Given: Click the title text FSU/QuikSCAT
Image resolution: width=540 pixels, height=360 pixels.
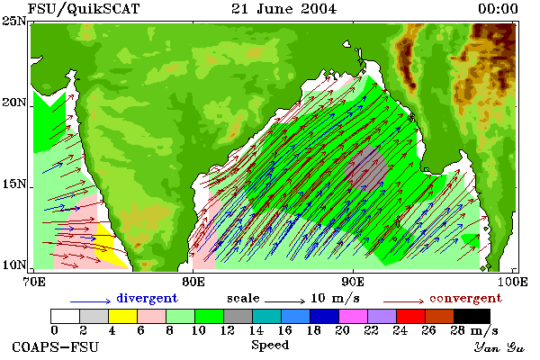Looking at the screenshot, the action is (x=84, y=9).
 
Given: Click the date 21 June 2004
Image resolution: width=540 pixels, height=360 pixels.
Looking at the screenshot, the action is (x=283, y=9).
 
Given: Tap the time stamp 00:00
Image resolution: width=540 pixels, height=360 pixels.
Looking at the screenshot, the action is (x=498, y=9).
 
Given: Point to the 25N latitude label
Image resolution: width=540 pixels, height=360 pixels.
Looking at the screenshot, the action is (x=14, y=21).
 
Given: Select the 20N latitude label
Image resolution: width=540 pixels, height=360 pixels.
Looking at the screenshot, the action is (x=14, y=103).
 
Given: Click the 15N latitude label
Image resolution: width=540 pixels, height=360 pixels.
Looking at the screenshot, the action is (x=14, y=184).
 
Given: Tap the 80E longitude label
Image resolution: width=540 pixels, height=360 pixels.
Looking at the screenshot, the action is (x=193, y=282).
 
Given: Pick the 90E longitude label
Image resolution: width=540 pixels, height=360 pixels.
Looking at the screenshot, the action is (x=353, y=282).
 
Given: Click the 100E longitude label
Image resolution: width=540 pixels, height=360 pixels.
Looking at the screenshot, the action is (x=512, y=282).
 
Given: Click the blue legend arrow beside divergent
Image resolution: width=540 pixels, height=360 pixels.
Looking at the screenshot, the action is (x=91, y=301).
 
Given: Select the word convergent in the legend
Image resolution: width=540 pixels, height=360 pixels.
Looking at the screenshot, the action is (x=465, y=298).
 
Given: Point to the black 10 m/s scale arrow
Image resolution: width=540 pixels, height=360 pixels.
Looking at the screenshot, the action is (x=284, y=301).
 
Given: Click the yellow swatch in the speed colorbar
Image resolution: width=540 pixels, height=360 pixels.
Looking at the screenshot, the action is (x=123, y=316).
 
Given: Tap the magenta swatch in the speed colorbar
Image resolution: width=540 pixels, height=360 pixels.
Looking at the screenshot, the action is (x=354, y=316).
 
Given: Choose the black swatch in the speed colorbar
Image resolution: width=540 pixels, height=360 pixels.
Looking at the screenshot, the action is (x=472, y=316).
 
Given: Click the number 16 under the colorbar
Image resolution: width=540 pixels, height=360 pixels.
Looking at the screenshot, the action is (x=284, y=330).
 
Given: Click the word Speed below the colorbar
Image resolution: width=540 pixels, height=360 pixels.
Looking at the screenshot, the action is (x=270, y=346).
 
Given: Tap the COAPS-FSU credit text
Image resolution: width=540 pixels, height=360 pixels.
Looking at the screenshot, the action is (x=56, y=346).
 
